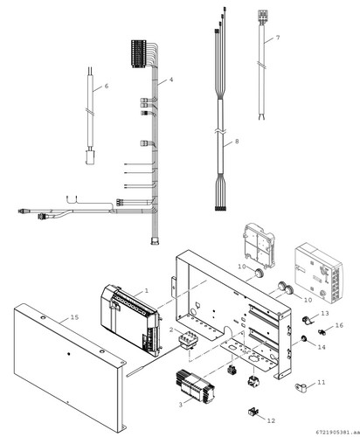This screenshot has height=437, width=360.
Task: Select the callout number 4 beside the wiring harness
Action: coord(171,80)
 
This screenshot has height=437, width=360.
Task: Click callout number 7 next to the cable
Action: coord(277,38)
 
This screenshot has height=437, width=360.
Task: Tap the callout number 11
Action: coord(321,383)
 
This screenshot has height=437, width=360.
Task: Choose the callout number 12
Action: coord(272,420)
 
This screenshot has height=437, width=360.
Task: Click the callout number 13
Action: coord(324,313)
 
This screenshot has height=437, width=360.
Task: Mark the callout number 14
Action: coord(320,347)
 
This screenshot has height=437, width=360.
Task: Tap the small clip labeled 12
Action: coord(255,410)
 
